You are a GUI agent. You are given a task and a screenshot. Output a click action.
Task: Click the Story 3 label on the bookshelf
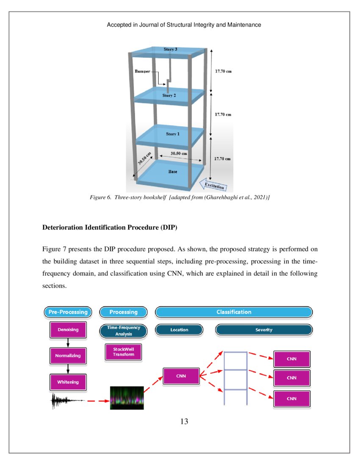pos(170,50)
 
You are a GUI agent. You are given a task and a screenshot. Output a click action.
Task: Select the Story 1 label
pos(172,134)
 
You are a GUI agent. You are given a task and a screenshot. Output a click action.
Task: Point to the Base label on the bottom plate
pos(173,172)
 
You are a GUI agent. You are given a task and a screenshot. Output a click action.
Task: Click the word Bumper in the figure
pos(142,72)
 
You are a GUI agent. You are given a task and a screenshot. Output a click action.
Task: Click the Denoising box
pos(68,330)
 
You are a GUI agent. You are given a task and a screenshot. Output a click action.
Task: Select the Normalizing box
pos(68,355)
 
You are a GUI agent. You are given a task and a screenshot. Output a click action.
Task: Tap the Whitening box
pos(68,382)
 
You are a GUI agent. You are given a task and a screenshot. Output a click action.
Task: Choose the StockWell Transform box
pos(123,352)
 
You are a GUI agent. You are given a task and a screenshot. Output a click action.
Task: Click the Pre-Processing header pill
pos(68,312)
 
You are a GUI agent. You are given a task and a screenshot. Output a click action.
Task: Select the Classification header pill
pos(234,312)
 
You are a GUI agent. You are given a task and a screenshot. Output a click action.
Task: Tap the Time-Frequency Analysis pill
pos(123,331)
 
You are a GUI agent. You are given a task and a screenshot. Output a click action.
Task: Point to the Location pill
pos(179,330)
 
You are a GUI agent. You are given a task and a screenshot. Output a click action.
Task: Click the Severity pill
pos(263,330)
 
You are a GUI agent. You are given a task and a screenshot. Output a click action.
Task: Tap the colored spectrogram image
pos(127,398)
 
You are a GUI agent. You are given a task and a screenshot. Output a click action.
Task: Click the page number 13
pos(184,422)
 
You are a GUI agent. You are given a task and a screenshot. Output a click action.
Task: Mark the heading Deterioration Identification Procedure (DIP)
pos(110,227)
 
